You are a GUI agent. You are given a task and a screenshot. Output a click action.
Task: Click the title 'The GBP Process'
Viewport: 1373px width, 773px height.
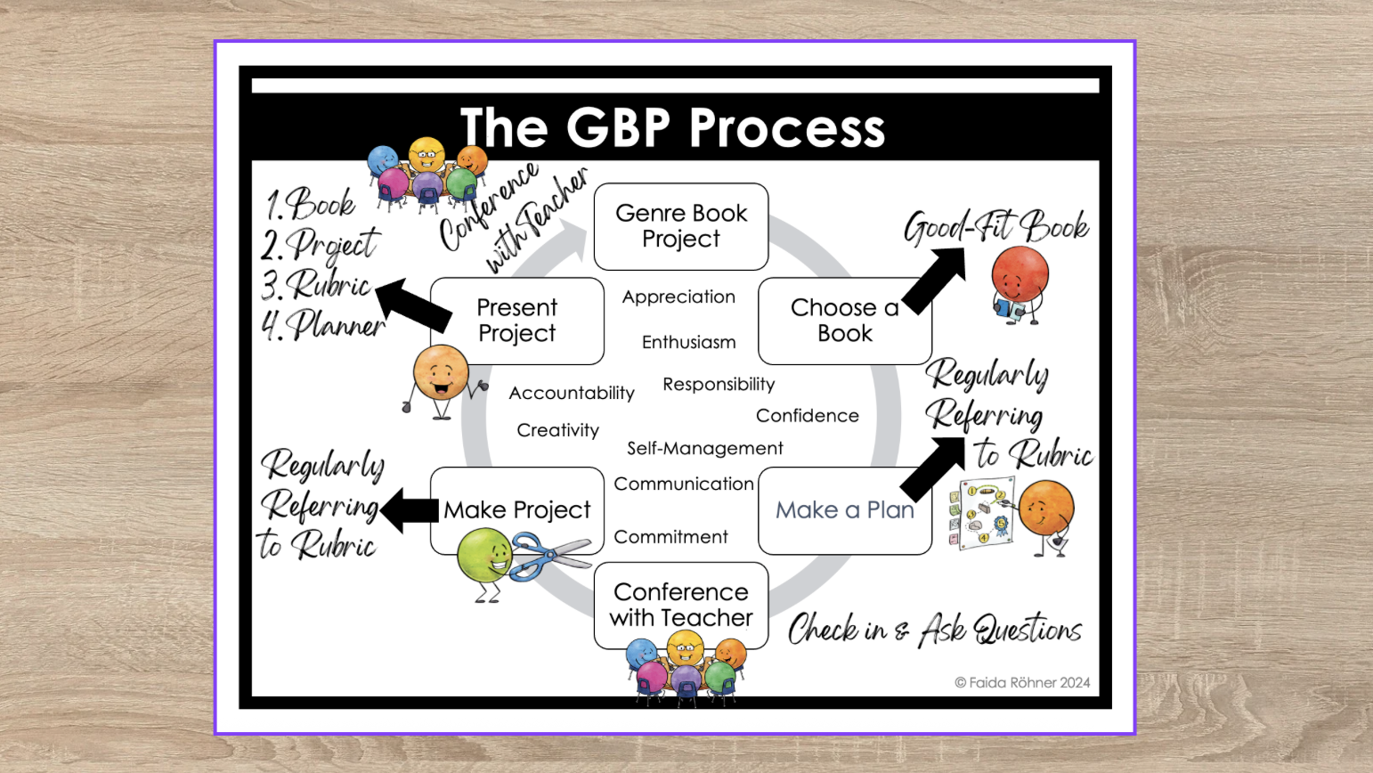pos(672,127)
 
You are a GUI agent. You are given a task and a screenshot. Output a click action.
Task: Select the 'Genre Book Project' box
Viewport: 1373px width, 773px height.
pos(681,226)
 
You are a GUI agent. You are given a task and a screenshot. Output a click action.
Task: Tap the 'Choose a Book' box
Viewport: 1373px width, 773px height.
pos(844,321)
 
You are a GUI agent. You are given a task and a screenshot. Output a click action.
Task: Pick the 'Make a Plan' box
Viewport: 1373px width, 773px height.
pos(844,510)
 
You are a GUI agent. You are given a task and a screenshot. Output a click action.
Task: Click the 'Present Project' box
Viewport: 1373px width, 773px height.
pos(516,321)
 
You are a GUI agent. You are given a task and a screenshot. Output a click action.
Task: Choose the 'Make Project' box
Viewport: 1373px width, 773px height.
pos(516,510)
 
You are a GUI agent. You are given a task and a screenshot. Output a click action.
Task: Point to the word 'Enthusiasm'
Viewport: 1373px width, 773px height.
pos(688,342)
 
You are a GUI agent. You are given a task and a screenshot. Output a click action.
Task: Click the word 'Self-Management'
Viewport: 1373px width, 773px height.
pos(704,448)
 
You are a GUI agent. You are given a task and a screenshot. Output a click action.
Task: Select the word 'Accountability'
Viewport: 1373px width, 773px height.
pos(572,393)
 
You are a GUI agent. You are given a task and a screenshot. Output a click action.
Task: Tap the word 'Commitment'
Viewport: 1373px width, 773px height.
pos(670,537)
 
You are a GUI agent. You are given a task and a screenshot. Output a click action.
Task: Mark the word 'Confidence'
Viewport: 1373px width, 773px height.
pos(807,416)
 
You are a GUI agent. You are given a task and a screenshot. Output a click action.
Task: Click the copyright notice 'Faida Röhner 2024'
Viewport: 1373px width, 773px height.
pos(1022,683)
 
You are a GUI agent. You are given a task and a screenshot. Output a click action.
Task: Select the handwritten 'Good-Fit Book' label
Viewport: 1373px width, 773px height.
pos(995,227)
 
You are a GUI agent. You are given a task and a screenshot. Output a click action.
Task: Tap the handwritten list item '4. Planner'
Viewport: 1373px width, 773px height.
pos(322,325)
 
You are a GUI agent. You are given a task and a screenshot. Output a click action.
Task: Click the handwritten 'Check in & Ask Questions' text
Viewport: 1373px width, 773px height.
pos(934,630)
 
